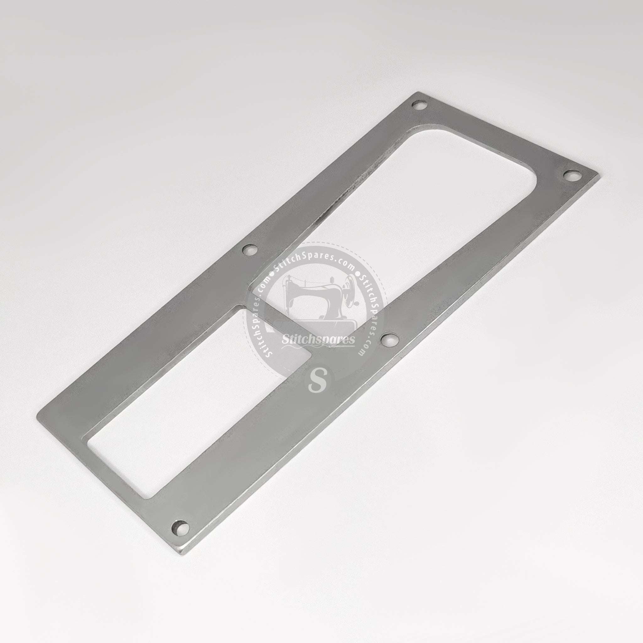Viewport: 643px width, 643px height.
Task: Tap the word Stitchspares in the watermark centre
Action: coord(318,340)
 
